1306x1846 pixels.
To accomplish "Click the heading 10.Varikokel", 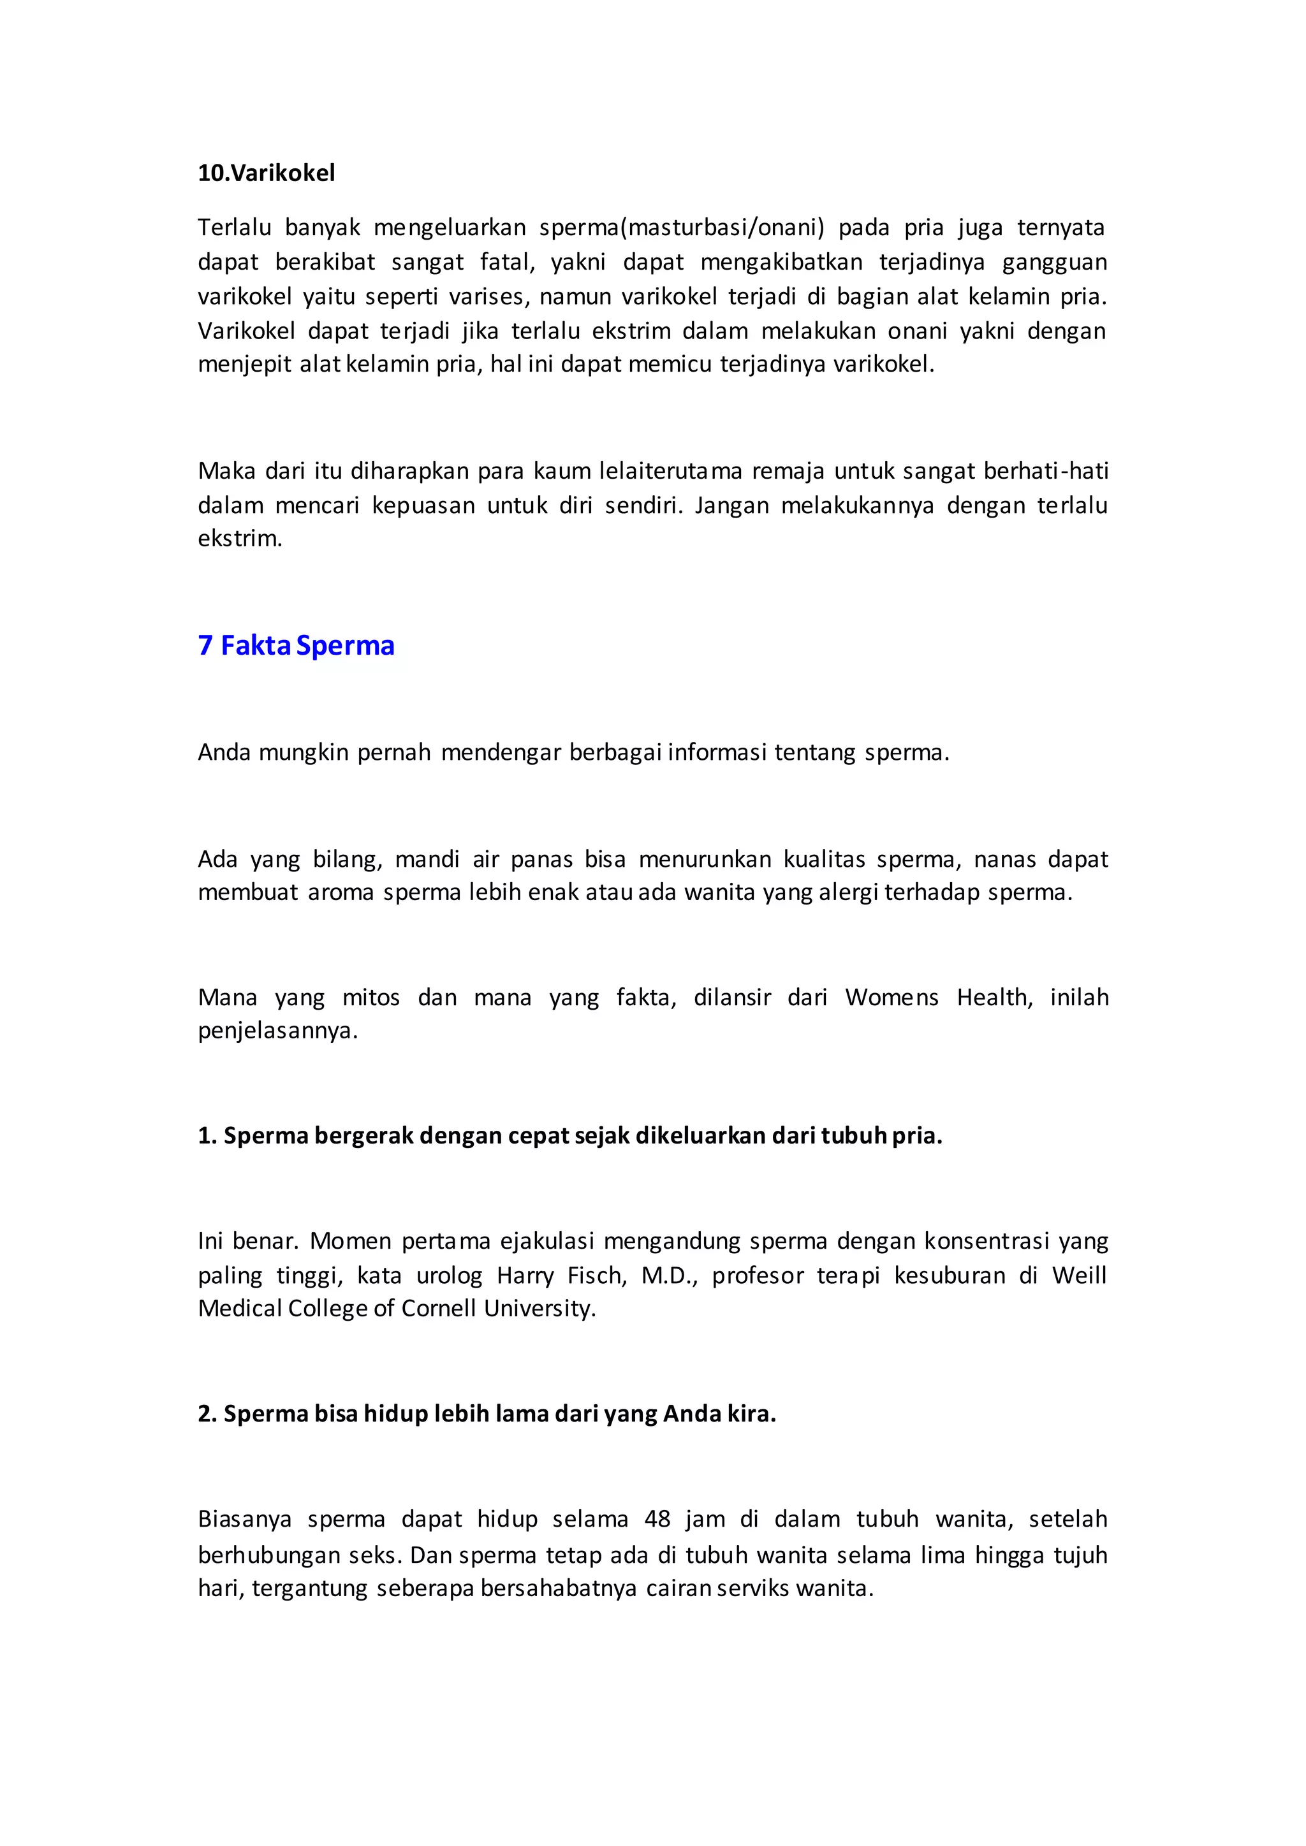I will pyautogui.click(x=266, y=173).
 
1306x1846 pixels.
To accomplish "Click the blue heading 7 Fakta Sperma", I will pyautogui.click(x=296, y=646).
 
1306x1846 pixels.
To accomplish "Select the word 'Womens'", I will pyautogui.click(x=891, y=998).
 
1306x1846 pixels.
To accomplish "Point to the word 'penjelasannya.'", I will pyautogui.click(x=277, y=1031).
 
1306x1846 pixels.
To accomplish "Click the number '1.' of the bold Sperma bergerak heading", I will pyautogui.click(x=207, y=1136).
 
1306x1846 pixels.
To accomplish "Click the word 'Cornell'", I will pyautogui.click(x=439, y=1309).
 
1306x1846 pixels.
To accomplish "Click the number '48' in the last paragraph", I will pyautogui.click(x=657, y=1520).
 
